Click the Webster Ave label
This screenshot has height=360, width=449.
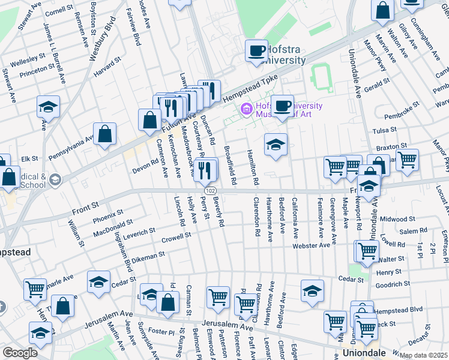[311, 245]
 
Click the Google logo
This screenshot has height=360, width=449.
[19, 352]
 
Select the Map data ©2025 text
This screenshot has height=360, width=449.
[423, 355]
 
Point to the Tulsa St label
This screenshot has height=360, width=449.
[385, 130]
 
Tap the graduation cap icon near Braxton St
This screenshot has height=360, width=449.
[276, 145]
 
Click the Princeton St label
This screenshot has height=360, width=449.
[37, 70]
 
